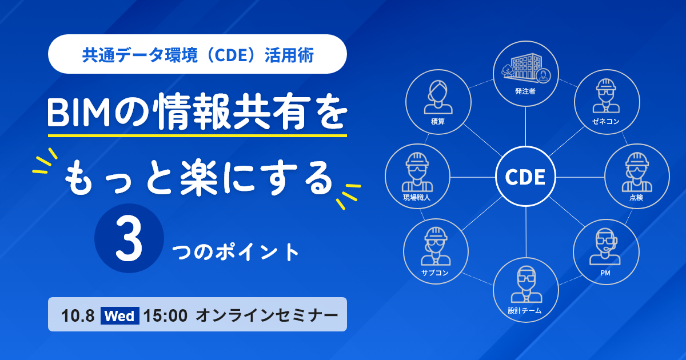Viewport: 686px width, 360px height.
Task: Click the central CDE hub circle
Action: (x=525, y=177)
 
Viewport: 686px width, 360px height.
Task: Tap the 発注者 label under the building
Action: (x=525, y=91)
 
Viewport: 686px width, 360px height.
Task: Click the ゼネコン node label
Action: (x=606, y=122)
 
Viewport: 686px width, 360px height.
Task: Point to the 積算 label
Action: (x=438, y=122)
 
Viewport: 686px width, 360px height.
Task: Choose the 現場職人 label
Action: (x=417, y=198)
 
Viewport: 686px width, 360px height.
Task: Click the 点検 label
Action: (x=636, y=198)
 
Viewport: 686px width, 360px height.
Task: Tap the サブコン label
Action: (x=435, y=273)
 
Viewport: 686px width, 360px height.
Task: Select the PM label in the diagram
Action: (x=605, y=273)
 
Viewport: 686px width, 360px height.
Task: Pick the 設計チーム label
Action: (x=525, y=311)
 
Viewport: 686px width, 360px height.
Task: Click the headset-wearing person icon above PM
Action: (x=605, y=246)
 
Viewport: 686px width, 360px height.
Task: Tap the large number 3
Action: (x=129, y=238)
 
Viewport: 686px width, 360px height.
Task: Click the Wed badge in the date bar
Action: (x=119, y=315)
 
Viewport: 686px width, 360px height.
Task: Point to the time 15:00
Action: (x=165, y=315)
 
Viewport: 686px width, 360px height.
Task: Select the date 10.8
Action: (x=78, y=315)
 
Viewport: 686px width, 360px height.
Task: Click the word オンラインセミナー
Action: (x=267, y=315)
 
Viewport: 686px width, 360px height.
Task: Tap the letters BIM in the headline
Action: (x=79, y=113)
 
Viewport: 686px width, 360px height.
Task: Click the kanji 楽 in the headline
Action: (x=199, y=178)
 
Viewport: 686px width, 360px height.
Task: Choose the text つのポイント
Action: (x=236, y=252)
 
